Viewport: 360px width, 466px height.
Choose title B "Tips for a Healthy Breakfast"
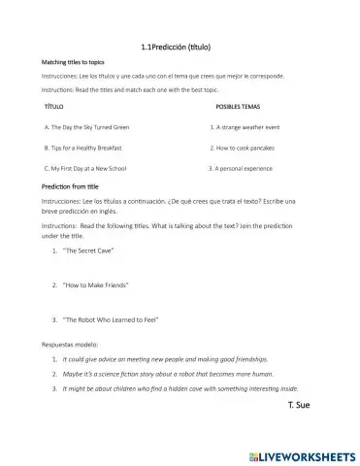click(x=85, y=147)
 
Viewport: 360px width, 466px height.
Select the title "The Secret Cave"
click(x=88, y=250)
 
